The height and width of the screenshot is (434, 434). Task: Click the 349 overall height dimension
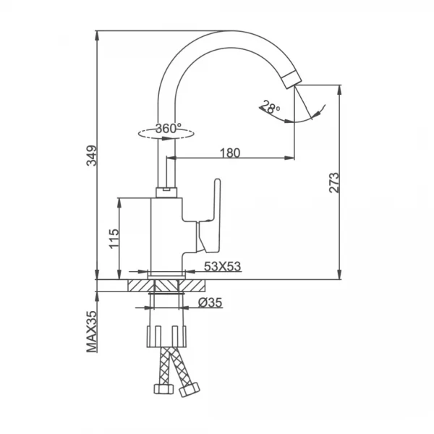tap(92, 156)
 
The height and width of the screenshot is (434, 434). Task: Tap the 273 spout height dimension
tap(334, 183)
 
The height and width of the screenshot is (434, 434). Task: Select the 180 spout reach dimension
tap(230, 153)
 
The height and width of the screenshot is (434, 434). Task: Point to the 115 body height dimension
tap(114, 239)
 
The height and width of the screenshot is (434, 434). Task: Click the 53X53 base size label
tap(223, 266)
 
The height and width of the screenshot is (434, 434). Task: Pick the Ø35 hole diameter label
tap(210, 302)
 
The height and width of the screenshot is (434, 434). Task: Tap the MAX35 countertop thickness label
tap(92, 331)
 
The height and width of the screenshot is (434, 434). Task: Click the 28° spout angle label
tap(270, 106)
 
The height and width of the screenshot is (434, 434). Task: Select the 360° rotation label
tap(169, 128)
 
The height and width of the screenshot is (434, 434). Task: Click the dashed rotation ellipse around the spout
tap(166, 134)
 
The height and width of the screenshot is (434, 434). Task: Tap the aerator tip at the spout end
tap(292, 79)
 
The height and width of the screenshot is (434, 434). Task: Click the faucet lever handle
tap(210, 216)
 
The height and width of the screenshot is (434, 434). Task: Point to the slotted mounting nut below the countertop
tap(166, 336)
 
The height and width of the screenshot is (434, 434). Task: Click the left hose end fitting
tap(163, 388)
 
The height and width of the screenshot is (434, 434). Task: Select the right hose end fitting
tap(190, 390)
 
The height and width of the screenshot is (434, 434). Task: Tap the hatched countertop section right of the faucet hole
tap(192, 286)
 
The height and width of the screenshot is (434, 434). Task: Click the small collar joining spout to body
tap(166, 192)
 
